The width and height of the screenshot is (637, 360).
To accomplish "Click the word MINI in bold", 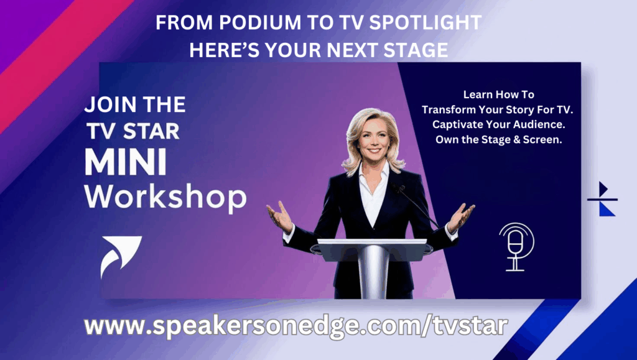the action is pos(126,162).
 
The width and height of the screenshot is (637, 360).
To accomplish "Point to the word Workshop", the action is pos(165,198).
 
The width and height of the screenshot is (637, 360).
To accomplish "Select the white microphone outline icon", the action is pos(516,246).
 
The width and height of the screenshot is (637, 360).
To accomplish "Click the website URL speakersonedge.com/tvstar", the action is pos(295,326).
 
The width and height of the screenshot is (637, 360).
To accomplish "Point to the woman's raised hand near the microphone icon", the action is pos(460,218).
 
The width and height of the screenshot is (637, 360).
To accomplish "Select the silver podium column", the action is pos(373,271).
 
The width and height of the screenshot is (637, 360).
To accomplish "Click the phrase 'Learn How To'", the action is pos(498,95).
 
